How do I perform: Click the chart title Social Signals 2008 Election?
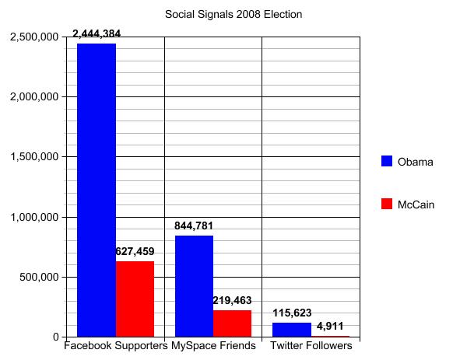click(x=233, y=14)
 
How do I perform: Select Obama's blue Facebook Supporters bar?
click(x=96, y=190)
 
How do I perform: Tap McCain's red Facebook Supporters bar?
click(x=135, y=299)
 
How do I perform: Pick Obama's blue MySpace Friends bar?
click(x=194, y=286)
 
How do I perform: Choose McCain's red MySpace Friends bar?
click(x=232, y=323)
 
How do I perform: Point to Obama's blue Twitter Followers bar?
click(x=291, y=330)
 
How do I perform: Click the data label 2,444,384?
click(x=96, y=34)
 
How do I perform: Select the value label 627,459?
click(x=135, y=252)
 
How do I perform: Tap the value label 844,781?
click(x=194, y=226)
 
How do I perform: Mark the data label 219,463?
click(x=232, y=301)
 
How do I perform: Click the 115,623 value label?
click(x=291, y=313)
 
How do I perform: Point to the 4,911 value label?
click(x=328, y=327)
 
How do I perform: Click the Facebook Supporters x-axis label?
click(x=116, y=346)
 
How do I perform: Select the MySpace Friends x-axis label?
click(x=213, y=346)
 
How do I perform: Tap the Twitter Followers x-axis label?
click(x=311, y=346)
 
